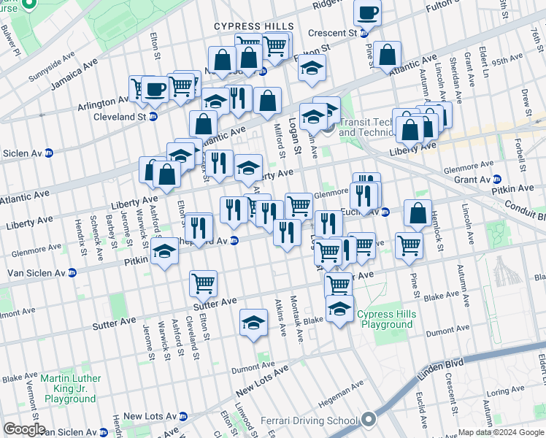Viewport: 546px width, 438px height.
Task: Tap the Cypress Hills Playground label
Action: pyautogui.click(x=385, y=320)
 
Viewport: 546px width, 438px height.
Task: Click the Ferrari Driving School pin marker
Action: pyautogui.click(x=369, y=420)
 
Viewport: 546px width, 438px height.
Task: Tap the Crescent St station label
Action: pyautogui.click(x=332, y=33)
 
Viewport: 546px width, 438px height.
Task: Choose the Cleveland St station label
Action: pyautogui.click(x=122, y=117)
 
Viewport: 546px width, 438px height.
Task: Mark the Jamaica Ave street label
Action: pyautogui.click(x=74, y=76)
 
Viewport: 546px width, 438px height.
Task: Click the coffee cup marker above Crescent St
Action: pyautogui.click(x=368, y=12)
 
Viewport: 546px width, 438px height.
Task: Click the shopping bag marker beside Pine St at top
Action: pyautogui.click(x=388, y=54)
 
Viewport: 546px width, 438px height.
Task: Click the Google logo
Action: pyautogui.click(x=25, y=429)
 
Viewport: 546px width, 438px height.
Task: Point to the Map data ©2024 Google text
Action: pyautogui.click(x=500, y=432)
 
